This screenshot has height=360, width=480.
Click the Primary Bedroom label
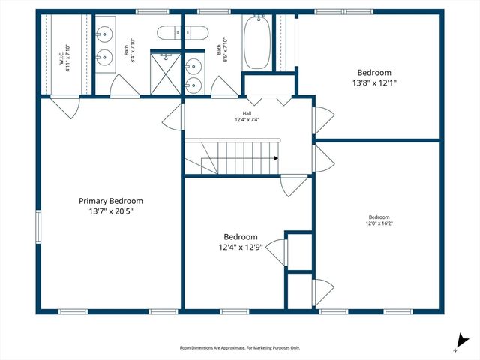tap(111, 201)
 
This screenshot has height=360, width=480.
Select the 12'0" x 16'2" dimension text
tap(378, 223)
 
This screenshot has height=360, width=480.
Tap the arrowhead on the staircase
tap(276, 158)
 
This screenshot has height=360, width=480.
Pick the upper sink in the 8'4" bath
tap(105, 34)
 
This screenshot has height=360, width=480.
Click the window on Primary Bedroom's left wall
tap(39, 227)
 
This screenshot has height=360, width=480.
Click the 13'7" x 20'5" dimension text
tap(111, 211)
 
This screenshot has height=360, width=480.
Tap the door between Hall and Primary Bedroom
tap(174, 115)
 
